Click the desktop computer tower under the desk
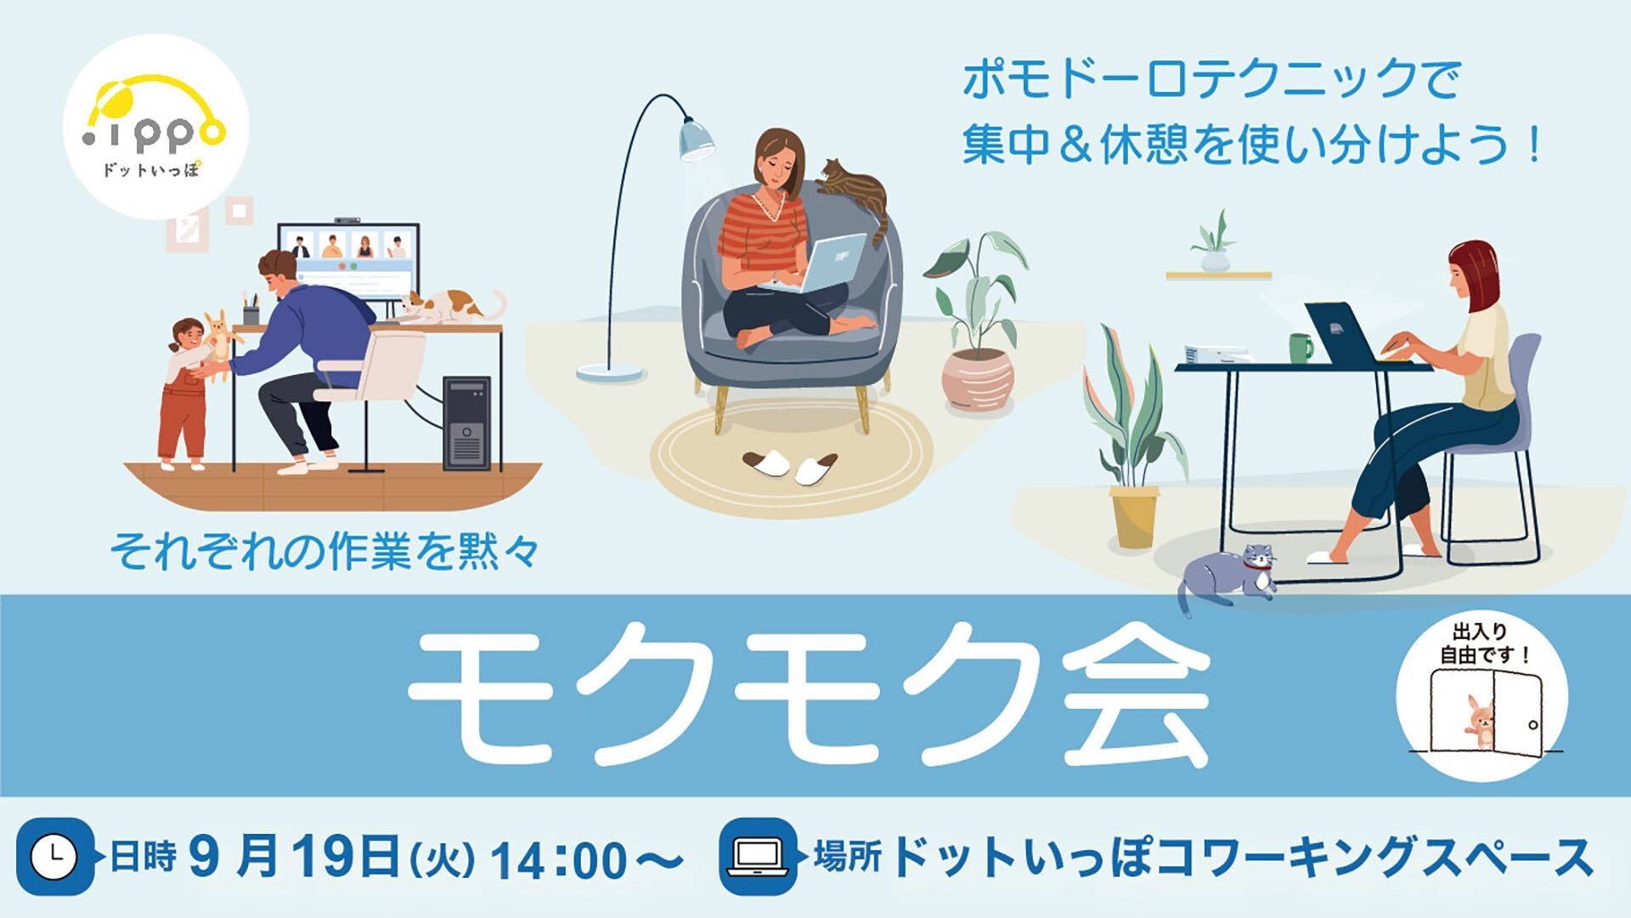coord(466,422)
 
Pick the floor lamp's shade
coord(697,140)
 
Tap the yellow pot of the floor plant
coord(1134,515)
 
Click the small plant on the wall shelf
coord(1215,242)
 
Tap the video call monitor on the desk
coord(348,259)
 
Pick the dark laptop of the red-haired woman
coord(1340,333)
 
